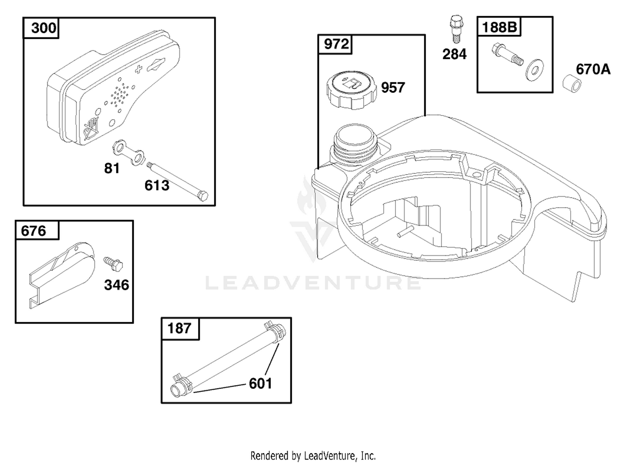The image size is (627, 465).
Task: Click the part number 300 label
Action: tap(43, 28)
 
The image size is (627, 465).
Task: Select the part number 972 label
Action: tap(336, 44)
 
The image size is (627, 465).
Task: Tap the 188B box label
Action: tap(500, 27)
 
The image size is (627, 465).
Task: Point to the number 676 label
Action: tap(33, 231)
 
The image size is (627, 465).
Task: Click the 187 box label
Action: tap(179, 328)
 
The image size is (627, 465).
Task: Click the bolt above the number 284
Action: tap(456, 29)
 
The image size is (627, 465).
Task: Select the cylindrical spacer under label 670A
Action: tap(571, 85)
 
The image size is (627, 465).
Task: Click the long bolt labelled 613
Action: tap(177, 181)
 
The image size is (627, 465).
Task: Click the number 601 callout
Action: tap(260, 383)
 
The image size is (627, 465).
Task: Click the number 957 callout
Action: tap(393, 87)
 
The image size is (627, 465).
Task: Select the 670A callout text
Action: tap(593, 69)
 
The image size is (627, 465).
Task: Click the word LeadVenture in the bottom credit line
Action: tap(329, 456)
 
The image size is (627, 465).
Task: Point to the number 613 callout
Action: tap(157, 185)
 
